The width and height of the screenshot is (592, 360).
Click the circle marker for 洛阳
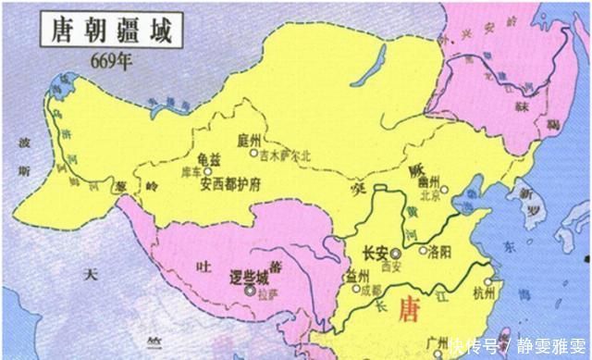[423, 251]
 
